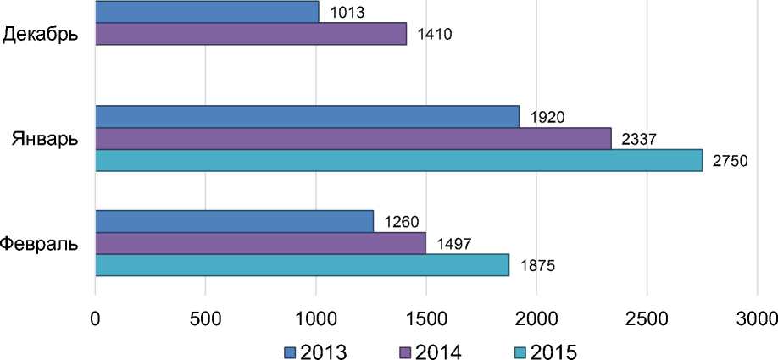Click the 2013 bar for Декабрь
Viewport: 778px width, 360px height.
(207, 12)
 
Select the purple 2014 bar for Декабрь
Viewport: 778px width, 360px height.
(251, 34)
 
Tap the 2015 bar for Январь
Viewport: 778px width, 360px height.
(398, 160)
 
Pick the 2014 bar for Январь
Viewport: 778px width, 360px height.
(353, 138)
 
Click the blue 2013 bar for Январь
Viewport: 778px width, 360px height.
(307, 116)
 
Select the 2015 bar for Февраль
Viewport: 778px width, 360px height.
(302, 265)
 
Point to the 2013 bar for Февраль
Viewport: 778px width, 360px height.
(234, 221)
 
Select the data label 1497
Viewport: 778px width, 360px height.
(453, 244)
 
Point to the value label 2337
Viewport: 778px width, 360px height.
(636, 139)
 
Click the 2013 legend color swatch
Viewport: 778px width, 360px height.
(290, 350)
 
